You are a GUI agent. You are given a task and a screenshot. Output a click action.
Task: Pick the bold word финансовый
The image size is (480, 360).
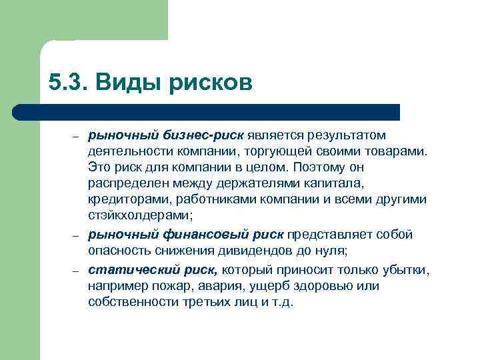coord(203,234)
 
